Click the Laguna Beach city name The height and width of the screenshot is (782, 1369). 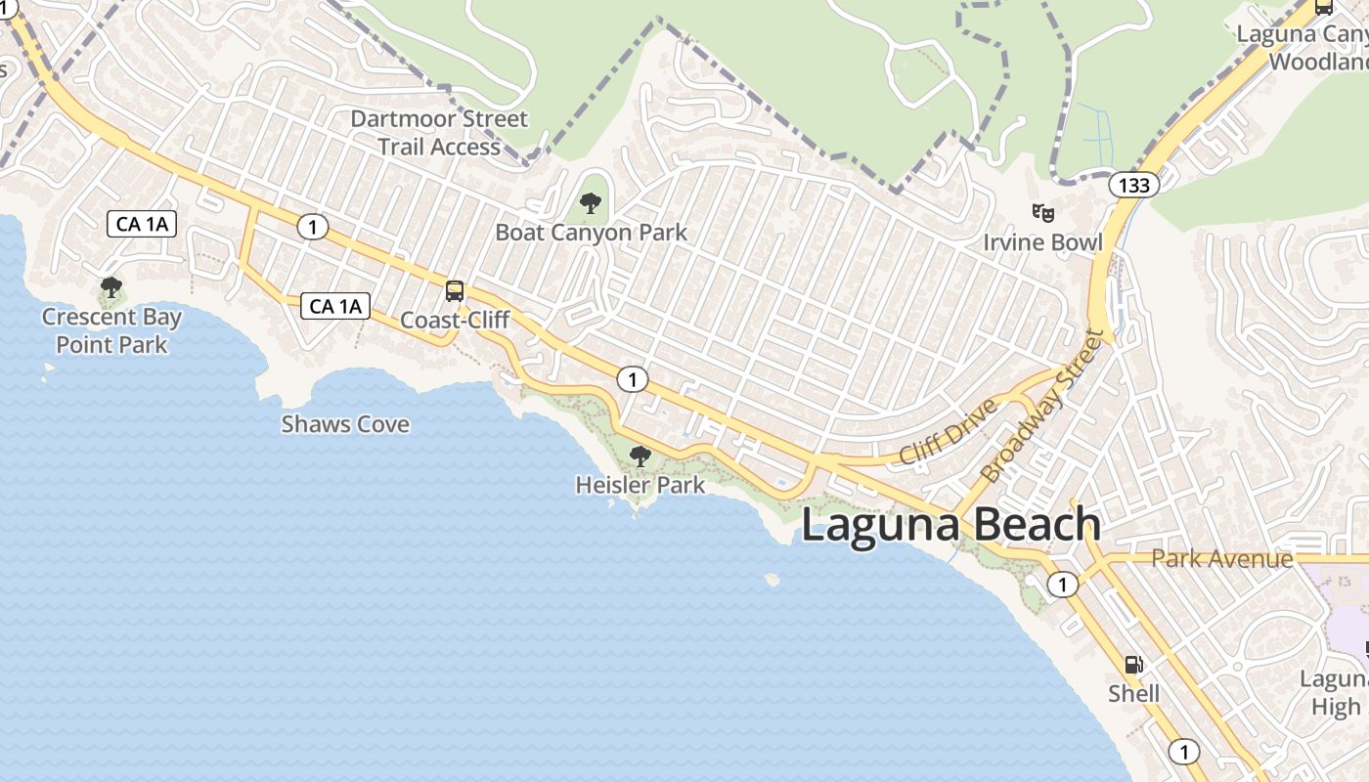950,525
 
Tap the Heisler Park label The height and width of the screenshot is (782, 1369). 640,485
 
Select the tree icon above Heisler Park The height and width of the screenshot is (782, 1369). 640,456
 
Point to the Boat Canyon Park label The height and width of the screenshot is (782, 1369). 591,233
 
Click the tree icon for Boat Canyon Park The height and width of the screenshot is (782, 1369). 590,203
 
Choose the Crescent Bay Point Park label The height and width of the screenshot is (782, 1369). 111,330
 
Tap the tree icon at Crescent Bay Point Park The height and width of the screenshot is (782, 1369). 111,287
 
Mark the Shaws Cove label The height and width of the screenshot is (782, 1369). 345,424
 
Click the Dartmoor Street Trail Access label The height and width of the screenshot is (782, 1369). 439,133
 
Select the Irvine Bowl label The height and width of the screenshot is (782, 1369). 1042,242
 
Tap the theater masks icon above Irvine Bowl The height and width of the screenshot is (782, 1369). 1043,211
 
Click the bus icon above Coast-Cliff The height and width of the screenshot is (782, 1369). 455,290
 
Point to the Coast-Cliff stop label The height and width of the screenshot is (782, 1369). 455,321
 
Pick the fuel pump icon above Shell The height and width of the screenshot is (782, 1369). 1133,665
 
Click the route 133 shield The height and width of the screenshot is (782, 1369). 1134,185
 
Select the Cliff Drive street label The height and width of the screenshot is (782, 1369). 948,431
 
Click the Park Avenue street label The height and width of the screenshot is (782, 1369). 1221,559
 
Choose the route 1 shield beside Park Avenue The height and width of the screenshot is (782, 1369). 1063,586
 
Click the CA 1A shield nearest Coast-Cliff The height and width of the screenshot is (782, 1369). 335,306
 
